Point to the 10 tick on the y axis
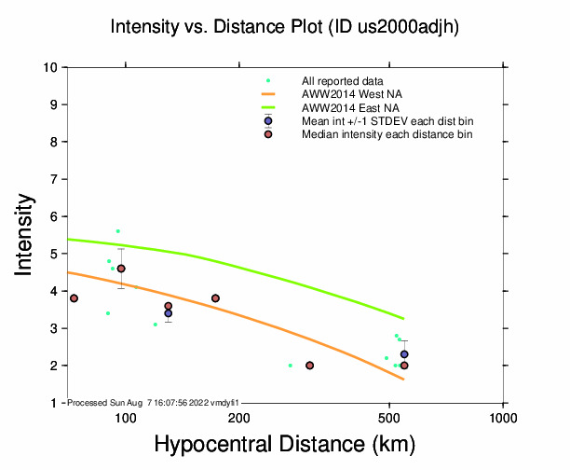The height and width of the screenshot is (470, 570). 53,67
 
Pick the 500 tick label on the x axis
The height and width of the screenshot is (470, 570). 388,417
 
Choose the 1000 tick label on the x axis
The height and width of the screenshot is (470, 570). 503,417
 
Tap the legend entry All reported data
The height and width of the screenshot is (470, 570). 342,81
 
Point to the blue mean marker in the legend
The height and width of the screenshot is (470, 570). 268,121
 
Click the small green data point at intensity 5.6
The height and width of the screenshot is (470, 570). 117,231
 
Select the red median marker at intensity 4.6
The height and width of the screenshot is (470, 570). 121,269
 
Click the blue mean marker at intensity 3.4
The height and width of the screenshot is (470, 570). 169,313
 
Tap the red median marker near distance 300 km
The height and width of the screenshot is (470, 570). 309,366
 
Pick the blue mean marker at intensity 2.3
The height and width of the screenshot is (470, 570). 404,354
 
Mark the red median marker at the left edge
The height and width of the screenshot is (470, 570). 74,298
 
